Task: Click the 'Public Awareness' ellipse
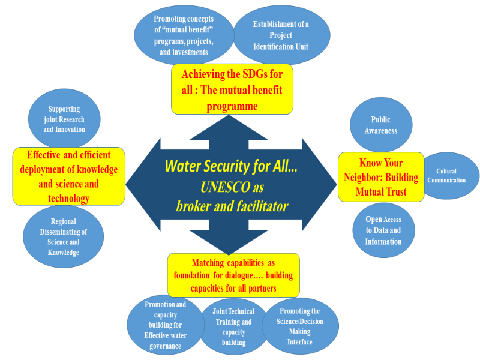(381, 124)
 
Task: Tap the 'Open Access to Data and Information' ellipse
(383, 230)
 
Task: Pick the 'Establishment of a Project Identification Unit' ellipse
(281, 35)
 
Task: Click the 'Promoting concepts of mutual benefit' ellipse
(184, 35)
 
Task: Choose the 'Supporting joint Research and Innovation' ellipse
(64, 119)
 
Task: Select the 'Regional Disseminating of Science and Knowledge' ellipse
(64, 236)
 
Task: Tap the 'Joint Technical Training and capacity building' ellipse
(233, 327)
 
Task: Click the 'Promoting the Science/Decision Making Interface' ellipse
(300, 326)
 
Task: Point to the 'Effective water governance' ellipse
(166, 325)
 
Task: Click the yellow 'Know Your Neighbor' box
(381, 177)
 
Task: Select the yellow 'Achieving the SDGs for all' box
(232, 89)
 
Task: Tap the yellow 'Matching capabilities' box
(233, 275)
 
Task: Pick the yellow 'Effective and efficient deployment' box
(69, 176)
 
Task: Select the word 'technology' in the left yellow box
(69, 199)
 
